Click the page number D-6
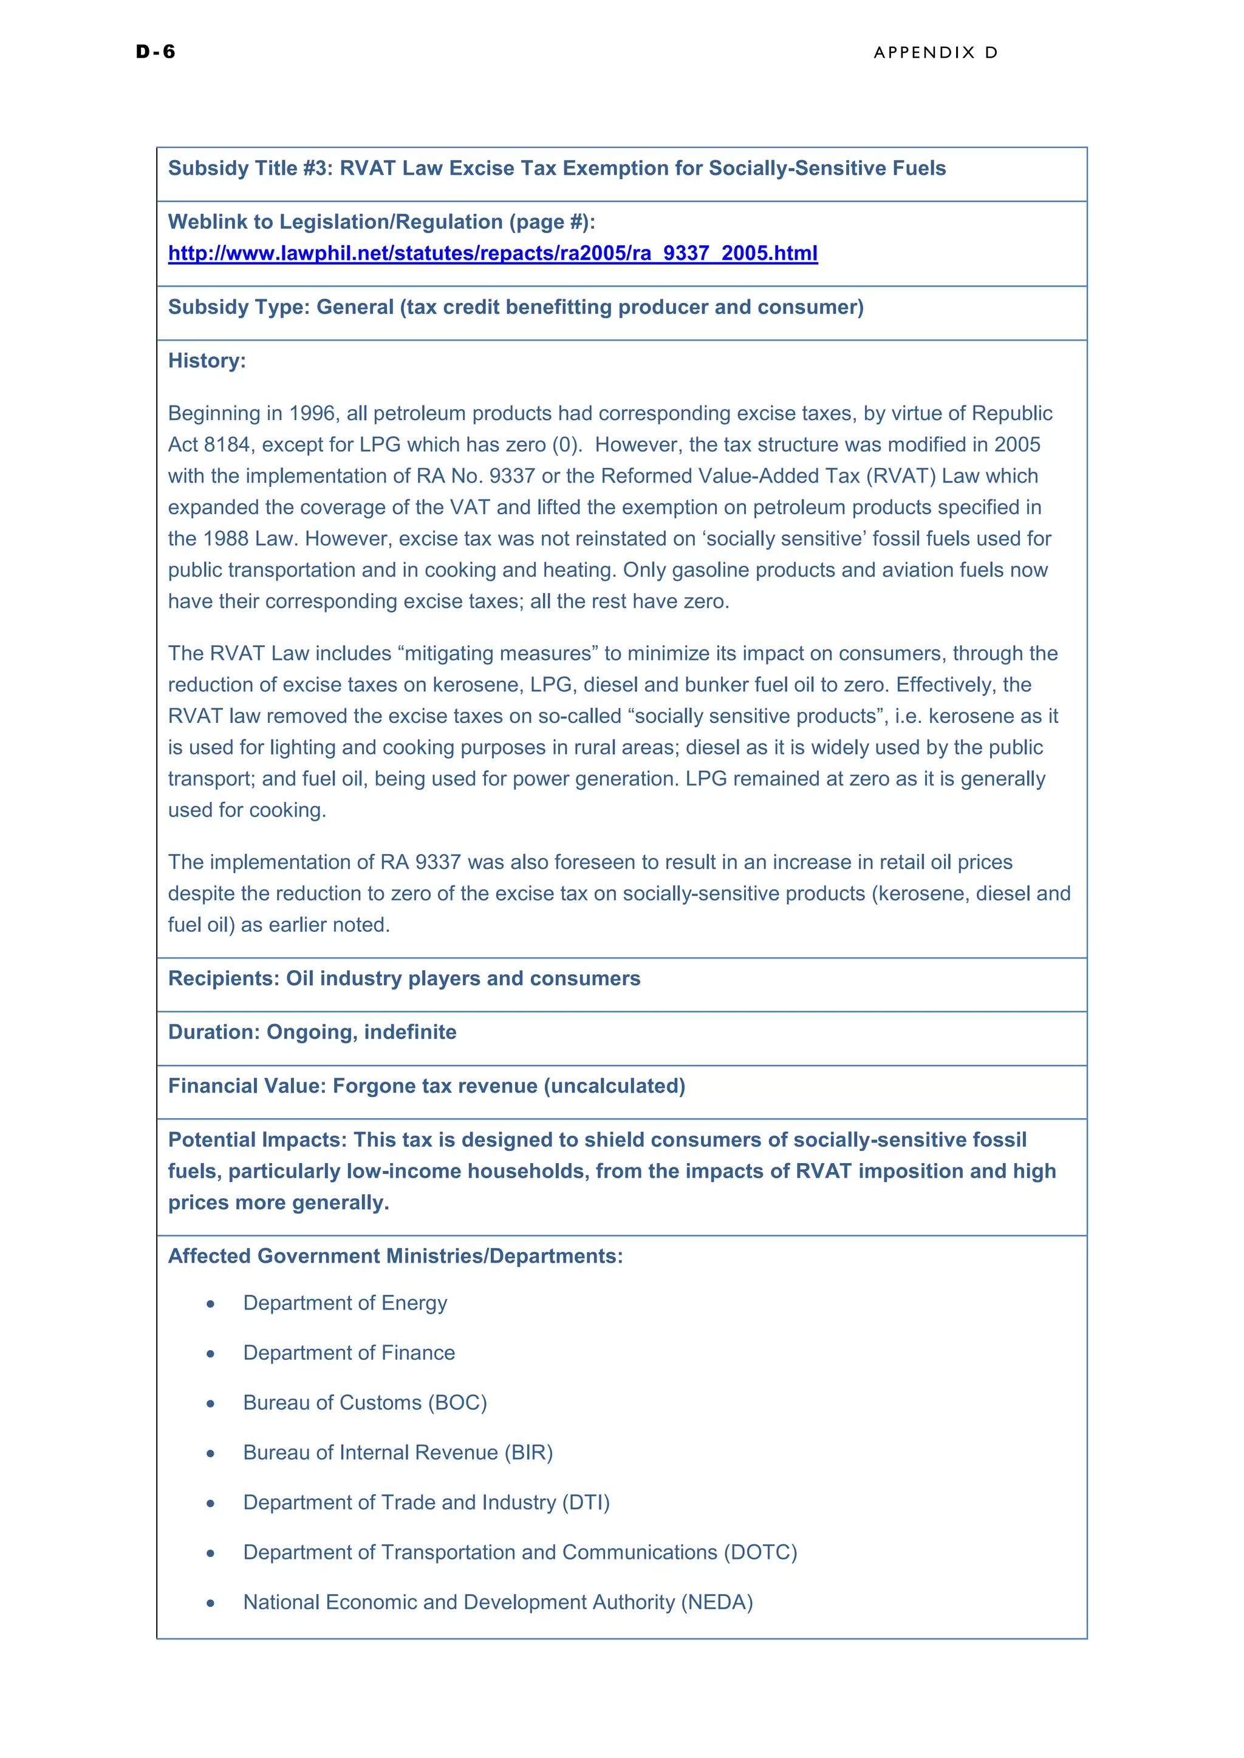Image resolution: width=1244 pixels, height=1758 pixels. (x=155, y=52)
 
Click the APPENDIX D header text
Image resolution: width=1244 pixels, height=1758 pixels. (x=935, y=53)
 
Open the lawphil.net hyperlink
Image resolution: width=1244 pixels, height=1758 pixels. (x=493, y=253)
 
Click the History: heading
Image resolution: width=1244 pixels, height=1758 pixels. (x=207, y=361)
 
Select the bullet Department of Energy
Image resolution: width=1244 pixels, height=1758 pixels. (x=344, y=1303)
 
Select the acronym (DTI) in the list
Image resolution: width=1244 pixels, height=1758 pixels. (x=586, y=1502)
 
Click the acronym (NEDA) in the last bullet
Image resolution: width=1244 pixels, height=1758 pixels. (x=717, y=1602)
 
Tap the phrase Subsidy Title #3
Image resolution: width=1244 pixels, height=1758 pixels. (x=250, y=168)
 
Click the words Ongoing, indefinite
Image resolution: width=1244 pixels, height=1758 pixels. (x=361, y=1032)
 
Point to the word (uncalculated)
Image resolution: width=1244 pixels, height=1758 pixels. (x=614, y=1086)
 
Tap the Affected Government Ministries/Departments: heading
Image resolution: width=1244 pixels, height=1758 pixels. (x=395, y=1256)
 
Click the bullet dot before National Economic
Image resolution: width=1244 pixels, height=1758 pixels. (x=211, y=1603)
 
